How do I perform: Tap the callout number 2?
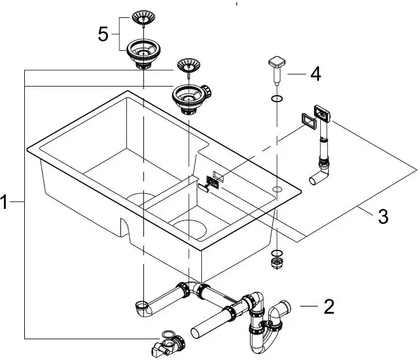[329, 306]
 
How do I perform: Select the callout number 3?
[382, 217]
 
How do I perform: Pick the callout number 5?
[103, 34]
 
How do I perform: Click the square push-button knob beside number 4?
[276, 65]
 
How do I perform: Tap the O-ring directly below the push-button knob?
[276, 100]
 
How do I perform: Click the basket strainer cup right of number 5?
[141, 51]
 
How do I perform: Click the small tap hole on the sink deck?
[277, 189]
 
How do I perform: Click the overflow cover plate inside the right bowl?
[211, 183]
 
